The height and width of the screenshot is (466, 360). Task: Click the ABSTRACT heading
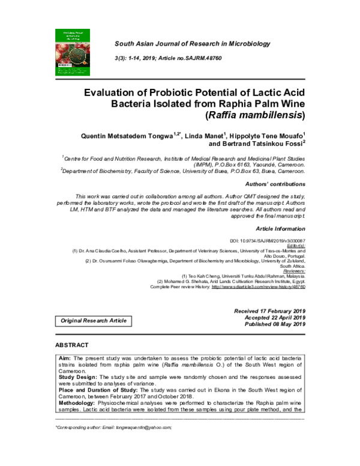click(x=72, y=346)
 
